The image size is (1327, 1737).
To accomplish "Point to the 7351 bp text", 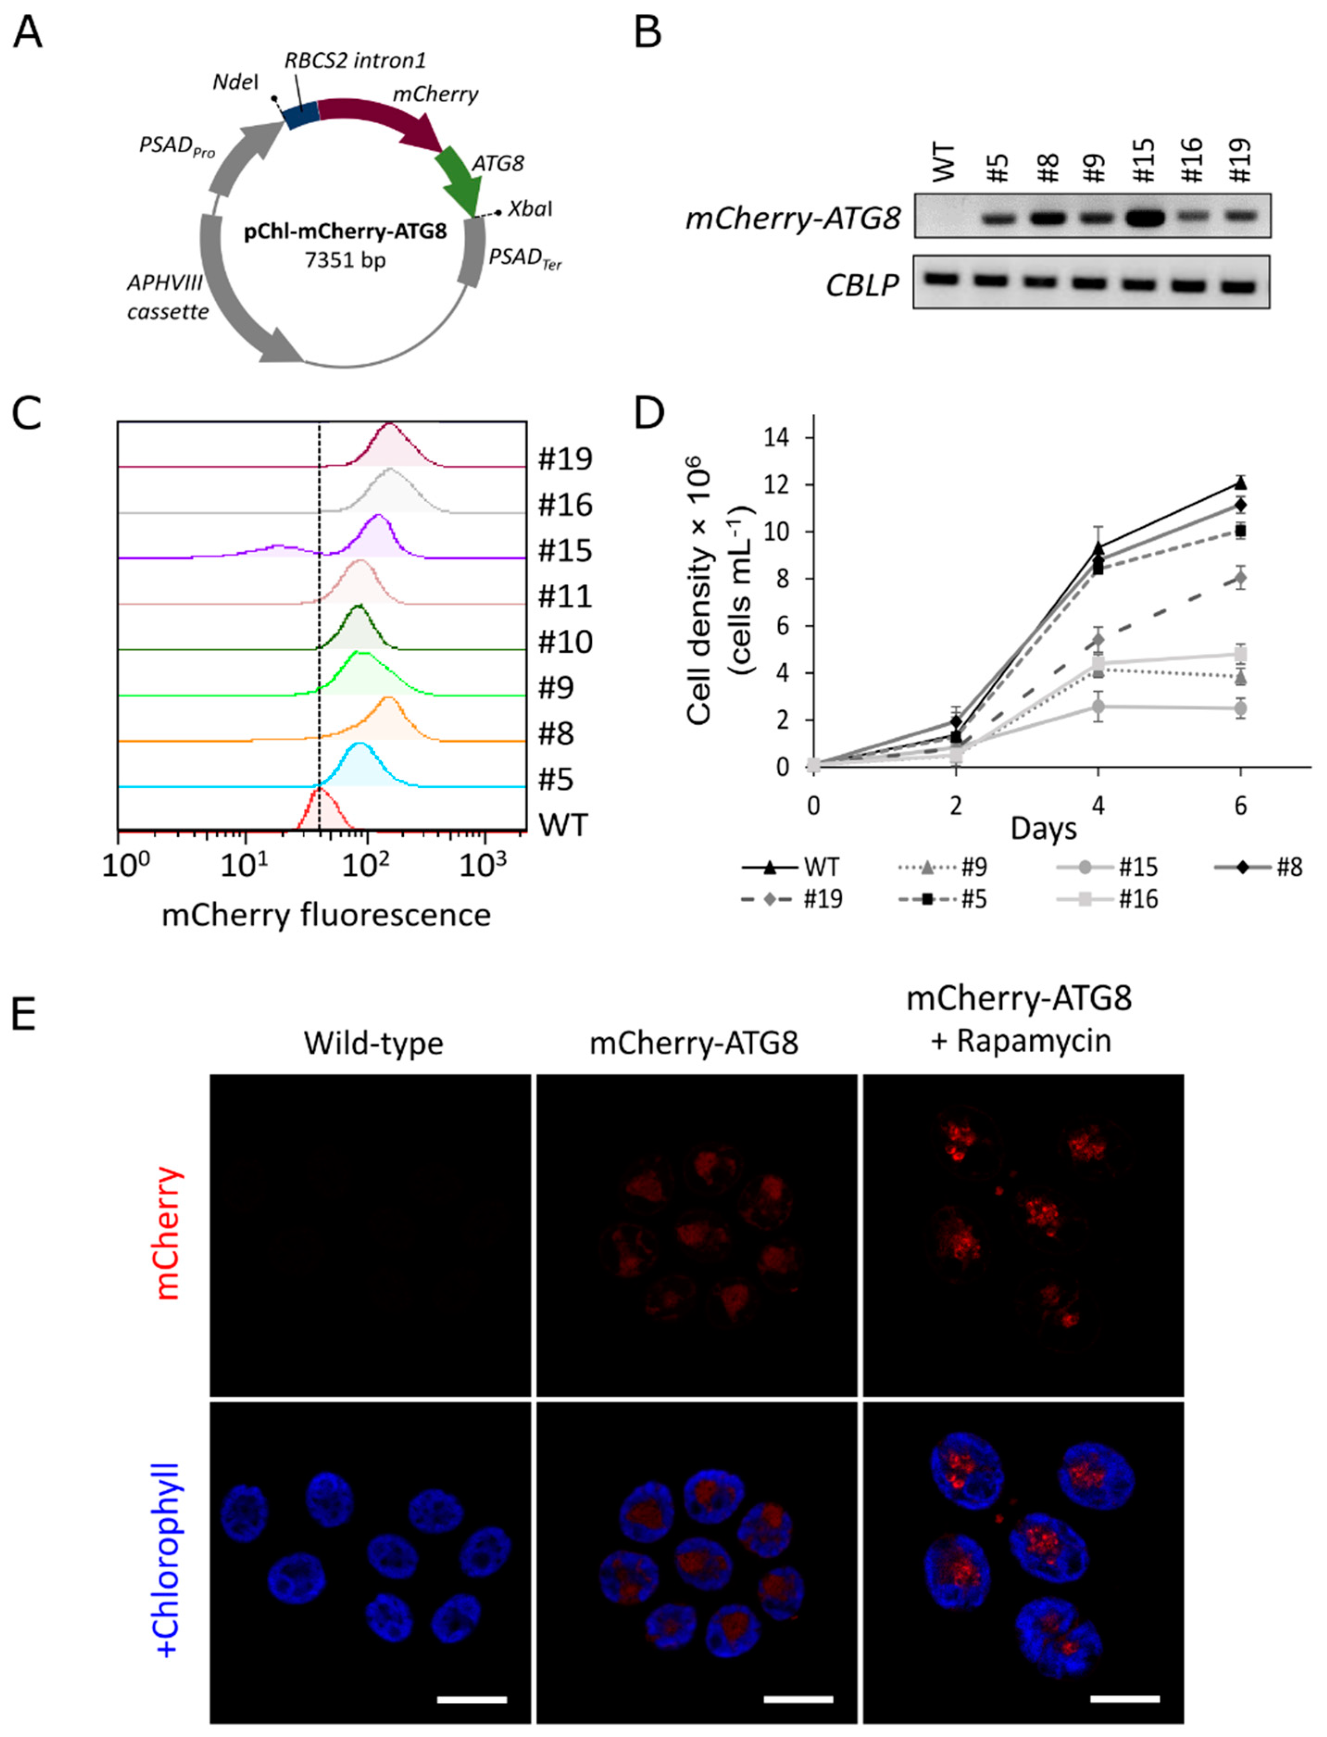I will coord(345,260).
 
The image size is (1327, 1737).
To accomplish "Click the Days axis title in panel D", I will coord(1044,828).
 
